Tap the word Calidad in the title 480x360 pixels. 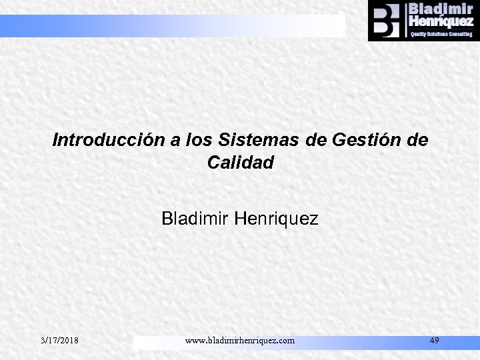[x=240, y=162]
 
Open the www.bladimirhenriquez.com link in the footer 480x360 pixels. [x=239, y=341]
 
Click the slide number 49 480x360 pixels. [x=434, y=341]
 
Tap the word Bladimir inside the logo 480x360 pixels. [x=440, y=9]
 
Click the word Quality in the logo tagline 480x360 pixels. [x=420, y=33]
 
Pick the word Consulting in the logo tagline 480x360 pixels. [x=460, y=33]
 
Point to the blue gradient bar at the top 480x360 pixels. [x=173, y=25]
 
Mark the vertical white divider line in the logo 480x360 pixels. [x=404, y=20]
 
